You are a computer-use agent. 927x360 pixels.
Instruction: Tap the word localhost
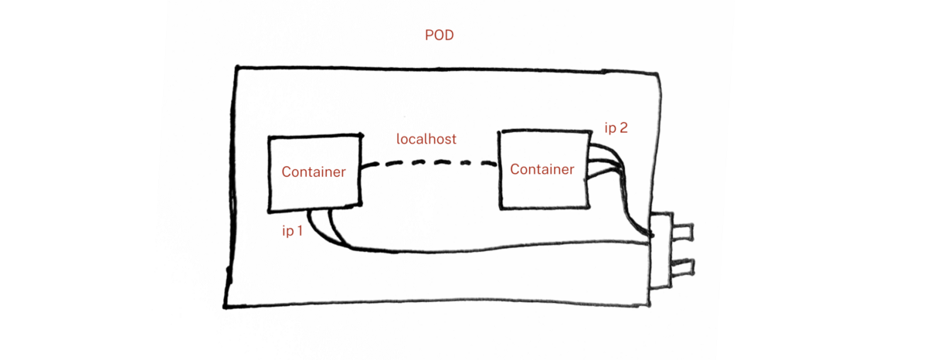426,140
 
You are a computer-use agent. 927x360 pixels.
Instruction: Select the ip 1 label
291,231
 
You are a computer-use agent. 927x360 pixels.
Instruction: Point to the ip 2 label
616,128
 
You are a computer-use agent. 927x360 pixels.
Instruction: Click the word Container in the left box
314,172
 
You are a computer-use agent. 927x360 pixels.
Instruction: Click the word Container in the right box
542,170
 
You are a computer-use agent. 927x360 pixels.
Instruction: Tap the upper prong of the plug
682,230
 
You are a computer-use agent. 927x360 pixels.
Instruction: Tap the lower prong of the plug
682,267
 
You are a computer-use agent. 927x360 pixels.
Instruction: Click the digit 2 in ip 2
623,128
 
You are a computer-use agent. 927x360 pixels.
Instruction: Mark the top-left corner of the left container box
269,138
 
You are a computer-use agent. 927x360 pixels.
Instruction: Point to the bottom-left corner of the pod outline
226,306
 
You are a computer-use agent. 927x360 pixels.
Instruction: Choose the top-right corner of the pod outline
658,74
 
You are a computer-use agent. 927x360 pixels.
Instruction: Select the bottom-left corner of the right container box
501,207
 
